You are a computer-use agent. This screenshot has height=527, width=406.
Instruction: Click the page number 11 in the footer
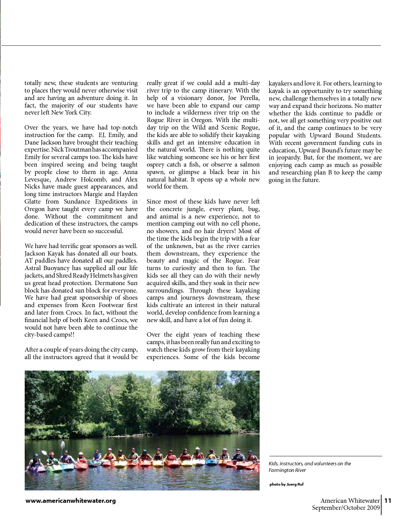point(388,501)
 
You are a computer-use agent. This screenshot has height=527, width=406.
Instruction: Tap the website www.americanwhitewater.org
point(71,501)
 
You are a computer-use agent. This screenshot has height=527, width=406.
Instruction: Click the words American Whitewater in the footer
point(350,501)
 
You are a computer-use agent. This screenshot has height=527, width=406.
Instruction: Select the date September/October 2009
point(346,508)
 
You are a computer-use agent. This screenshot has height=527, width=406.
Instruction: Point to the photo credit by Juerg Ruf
point(287,484)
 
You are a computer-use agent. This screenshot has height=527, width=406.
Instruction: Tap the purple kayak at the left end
point(37,469)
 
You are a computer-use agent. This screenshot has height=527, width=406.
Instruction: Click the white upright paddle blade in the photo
point(63,444)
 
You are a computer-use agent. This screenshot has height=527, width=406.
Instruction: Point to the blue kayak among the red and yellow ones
point(212,462)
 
